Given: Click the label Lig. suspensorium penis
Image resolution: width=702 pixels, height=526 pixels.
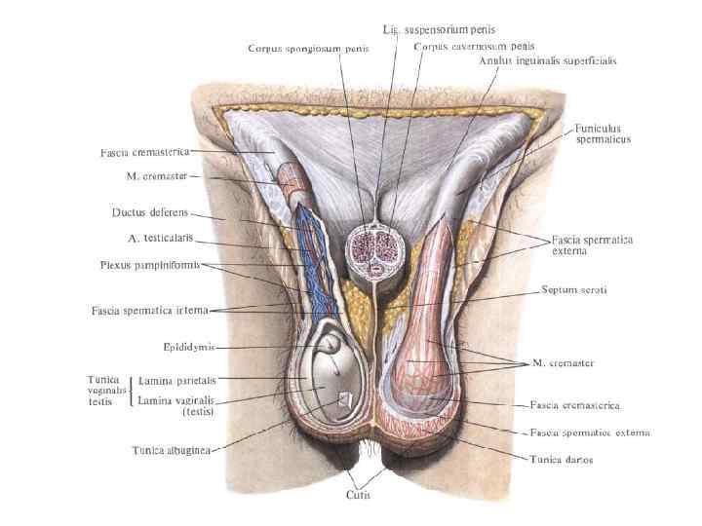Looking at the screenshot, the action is point(452,30).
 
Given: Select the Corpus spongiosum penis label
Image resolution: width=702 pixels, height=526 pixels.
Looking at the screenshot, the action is point(308,49).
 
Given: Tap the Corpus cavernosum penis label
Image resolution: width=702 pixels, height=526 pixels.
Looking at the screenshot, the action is point(474,46).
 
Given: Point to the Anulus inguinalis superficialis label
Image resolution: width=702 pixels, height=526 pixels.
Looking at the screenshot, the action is point(547,60).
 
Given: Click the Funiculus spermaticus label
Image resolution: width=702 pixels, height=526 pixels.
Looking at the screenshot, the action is point(604,133).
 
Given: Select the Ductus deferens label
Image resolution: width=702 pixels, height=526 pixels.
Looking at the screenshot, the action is point(149,212).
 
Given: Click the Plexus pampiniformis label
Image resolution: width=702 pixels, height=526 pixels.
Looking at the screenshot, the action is point(149,264).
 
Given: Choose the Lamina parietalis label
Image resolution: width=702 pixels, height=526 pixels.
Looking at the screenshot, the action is point(177,381).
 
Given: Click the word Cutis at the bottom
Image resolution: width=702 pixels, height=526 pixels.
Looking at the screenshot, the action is point(358,495).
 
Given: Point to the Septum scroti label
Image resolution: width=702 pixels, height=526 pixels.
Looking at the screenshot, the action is point(575,290).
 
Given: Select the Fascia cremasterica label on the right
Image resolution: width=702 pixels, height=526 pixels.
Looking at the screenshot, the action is point(574,403).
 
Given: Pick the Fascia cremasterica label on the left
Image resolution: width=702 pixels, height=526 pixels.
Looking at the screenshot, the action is point(144,152).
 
